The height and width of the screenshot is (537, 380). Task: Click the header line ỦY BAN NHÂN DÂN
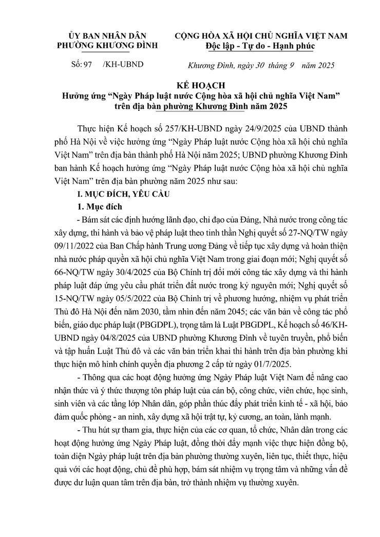coord(100,35)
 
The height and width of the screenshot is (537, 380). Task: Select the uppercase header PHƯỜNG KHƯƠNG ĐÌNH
coord(100,45)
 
